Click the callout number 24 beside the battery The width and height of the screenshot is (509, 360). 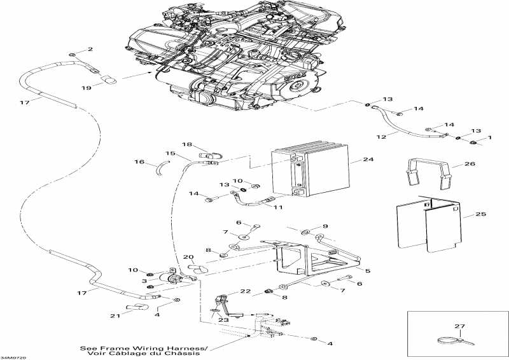pos(369,160)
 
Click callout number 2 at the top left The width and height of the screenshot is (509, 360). pos(90,49)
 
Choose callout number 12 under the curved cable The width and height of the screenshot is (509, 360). pos(382,136)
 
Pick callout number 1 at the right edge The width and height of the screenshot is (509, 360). pos(489,139)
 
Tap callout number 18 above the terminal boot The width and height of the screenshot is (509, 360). pos(188,144)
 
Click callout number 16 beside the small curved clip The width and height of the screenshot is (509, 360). pos(140,163)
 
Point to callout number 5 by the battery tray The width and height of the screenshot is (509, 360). pos(367,271)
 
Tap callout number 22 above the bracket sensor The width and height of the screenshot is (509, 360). pos(228,291)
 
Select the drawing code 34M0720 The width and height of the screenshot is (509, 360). pos(14,357)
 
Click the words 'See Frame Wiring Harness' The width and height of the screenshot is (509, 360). pos(144,349)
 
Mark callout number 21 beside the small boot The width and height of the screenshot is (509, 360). pos(115,316)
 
